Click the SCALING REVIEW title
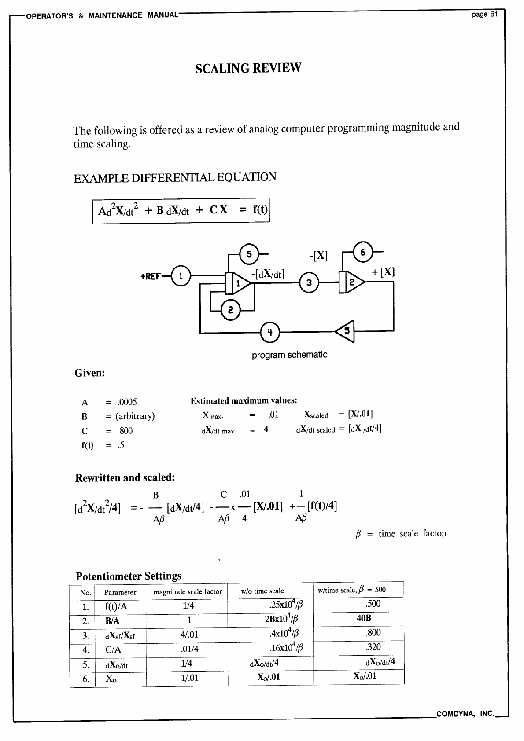tap(248, 68)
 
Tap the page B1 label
tap(484, 15)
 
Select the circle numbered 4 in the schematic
tap(270, 332)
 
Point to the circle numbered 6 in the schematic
tap(363, 252)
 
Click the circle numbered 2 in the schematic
tap(230, 310)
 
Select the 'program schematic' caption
tap(289, 355)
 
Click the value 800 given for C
tap(125, 431)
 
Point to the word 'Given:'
tap(90, 373)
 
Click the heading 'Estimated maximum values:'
tap(244, 401)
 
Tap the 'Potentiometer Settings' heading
tap(129, 576)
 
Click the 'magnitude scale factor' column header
tap(188, 592)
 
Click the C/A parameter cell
tap(113, 650)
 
